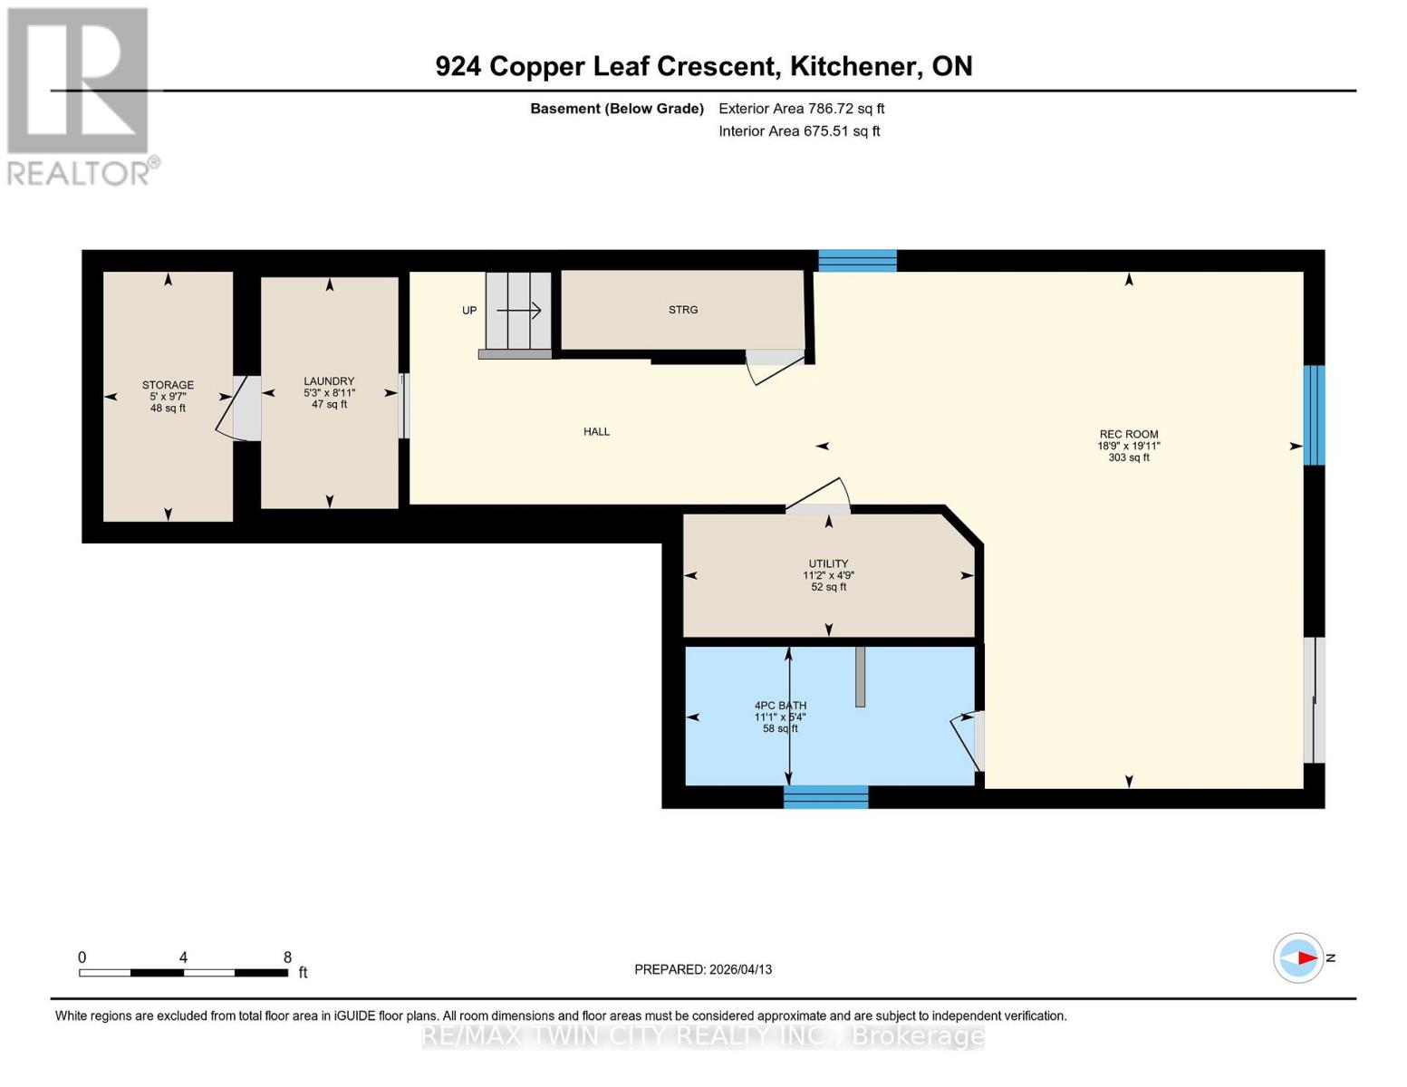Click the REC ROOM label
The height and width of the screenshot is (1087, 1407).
(x=1128, y=435)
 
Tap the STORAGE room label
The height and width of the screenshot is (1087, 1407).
(x=168, y=386)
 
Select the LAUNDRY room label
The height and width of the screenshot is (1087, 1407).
(x=329, y=382)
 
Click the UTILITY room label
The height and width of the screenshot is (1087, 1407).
(x=828, y=564)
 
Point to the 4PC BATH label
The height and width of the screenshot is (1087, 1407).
(x=780, y=706)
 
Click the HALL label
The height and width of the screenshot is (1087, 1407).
(x=596, y=432)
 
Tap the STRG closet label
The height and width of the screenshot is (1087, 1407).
(x=683, y=310)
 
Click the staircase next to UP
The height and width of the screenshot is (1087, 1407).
(x=518, y=311)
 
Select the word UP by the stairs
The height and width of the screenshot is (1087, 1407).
(x=469, y=311)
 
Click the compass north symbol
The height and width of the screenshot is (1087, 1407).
(x=1298, y=957)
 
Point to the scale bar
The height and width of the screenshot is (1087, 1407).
(x=184, y=973)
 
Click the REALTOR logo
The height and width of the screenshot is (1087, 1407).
(x=80, y=95)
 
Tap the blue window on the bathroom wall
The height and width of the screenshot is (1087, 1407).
(x=825, y=797)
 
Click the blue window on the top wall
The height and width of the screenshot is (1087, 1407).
(x=857, y=261)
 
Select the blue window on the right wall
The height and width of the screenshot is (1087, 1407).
(x=1314, y=415)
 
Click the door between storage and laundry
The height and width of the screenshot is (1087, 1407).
(x=241, y=409)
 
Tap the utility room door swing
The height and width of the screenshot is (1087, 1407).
(x=818, y=496)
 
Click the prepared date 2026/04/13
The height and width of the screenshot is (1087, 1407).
(x=703, y=969)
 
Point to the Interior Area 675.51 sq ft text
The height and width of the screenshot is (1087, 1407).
(x=799, y=131)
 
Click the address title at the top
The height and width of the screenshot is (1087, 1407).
(x=703, y=66)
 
